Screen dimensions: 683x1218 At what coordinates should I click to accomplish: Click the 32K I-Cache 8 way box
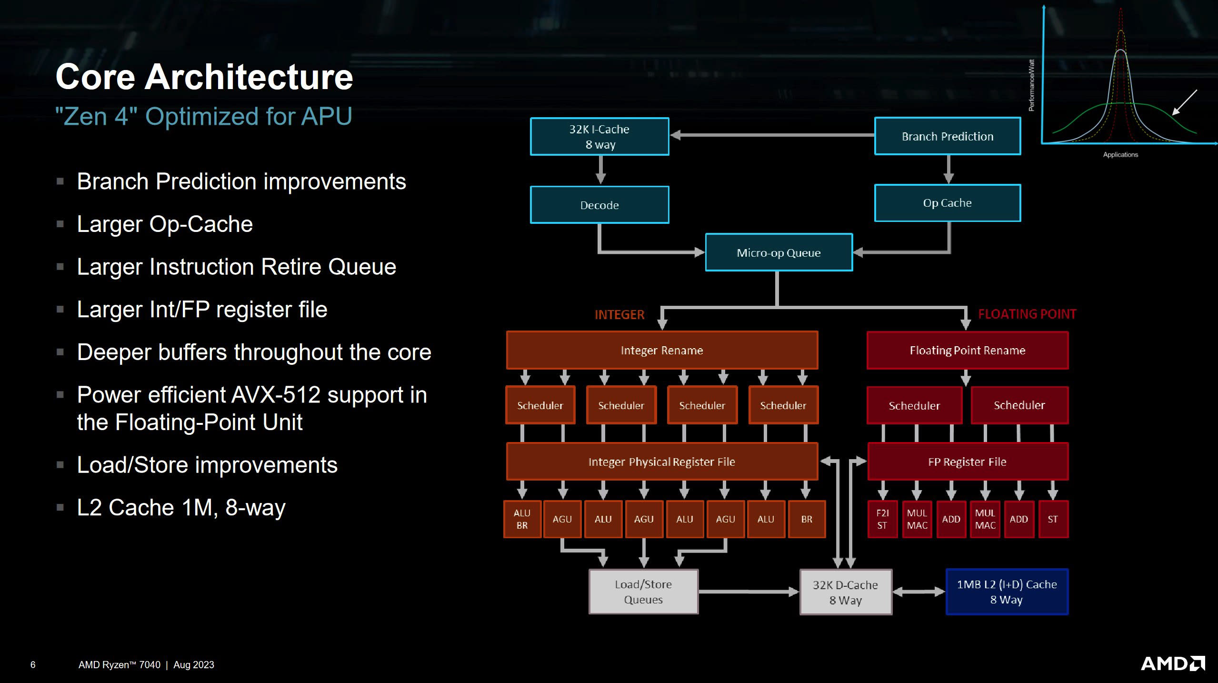click(x=599, y=137)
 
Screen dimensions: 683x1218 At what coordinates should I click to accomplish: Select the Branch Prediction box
click(x=947, y=137)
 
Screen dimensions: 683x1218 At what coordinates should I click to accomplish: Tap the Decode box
click(x=599, y=205)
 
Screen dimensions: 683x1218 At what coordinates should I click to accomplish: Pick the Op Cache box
click(x=947, y=203)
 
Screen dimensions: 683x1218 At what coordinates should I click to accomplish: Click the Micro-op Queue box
click(x=779, y=252)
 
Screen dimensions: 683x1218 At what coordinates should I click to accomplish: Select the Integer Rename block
click(x=662, y=351)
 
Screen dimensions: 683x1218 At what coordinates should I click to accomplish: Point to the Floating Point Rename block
click(x=967, y=351)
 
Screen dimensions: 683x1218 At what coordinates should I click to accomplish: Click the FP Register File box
click(x=967, y=462)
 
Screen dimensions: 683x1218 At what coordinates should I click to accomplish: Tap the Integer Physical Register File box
click(x=662, y=462)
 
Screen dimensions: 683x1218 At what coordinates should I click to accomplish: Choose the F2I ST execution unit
click(x=882, y=519)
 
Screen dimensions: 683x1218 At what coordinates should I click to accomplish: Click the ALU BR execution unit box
click(x=522, y=519)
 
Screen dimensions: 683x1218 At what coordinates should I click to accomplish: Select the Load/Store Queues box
click(x=643, y=592)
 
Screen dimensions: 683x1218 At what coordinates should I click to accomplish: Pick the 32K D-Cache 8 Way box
click(x=845, y=592)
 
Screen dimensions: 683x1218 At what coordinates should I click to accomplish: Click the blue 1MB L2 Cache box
click(x=1007, y=592)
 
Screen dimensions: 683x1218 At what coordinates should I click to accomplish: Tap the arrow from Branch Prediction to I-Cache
click(x=771, y=135)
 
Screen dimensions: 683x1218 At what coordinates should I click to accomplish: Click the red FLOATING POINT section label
click(x=1027, y=314)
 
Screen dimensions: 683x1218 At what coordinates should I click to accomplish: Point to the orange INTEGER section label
click(x=619, y=315)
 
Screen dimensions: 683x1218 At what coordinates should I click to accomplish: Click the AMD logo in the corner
click(x=1173, y=663)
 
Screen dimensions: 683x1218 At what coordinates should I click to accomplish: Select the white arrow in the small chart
click(x=1184, y=102)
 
